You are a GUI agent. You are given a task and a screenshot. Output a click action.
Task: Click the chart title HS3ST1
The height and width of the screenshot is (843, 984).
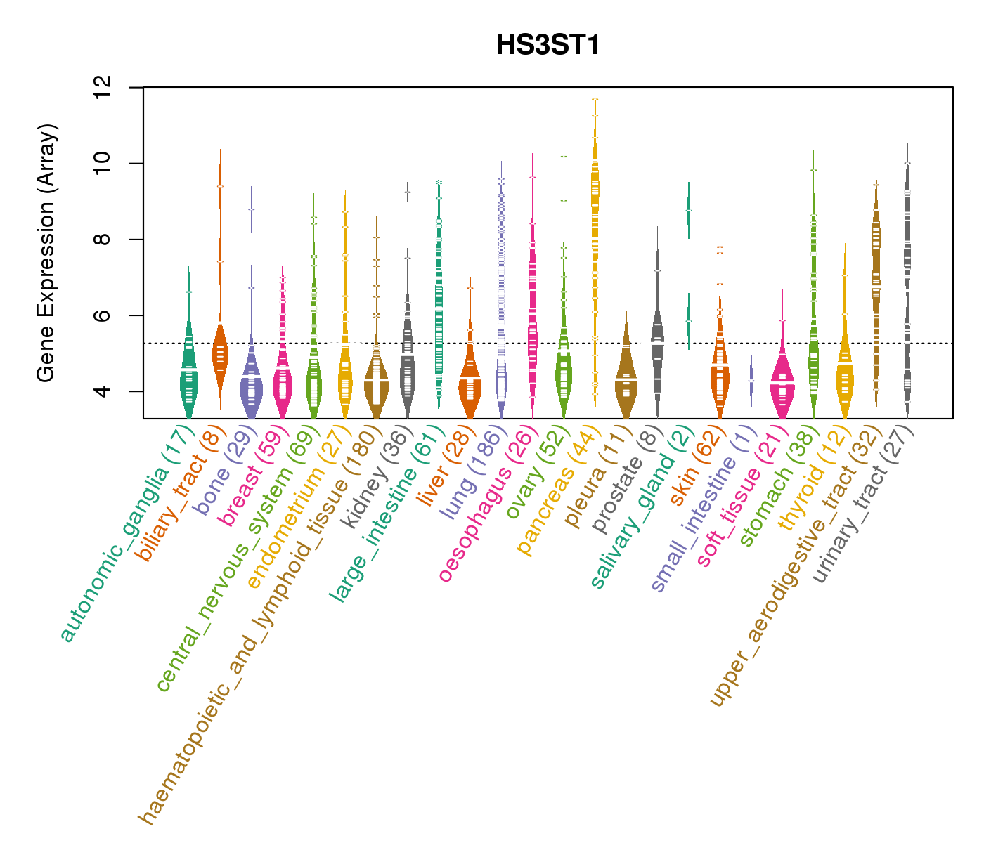point(548,46)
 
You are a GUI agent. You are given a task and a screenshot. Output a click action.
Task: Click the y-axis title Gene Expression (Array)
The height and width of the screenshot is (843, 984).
point(46,254)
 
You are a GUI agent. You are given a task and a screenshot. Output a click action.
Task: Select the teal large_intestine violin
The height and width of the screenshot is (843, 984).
point(439,295)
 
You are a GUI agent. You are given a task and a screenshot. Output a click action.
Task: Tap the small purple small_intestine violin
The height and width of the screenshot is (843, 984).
point(751,379)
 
